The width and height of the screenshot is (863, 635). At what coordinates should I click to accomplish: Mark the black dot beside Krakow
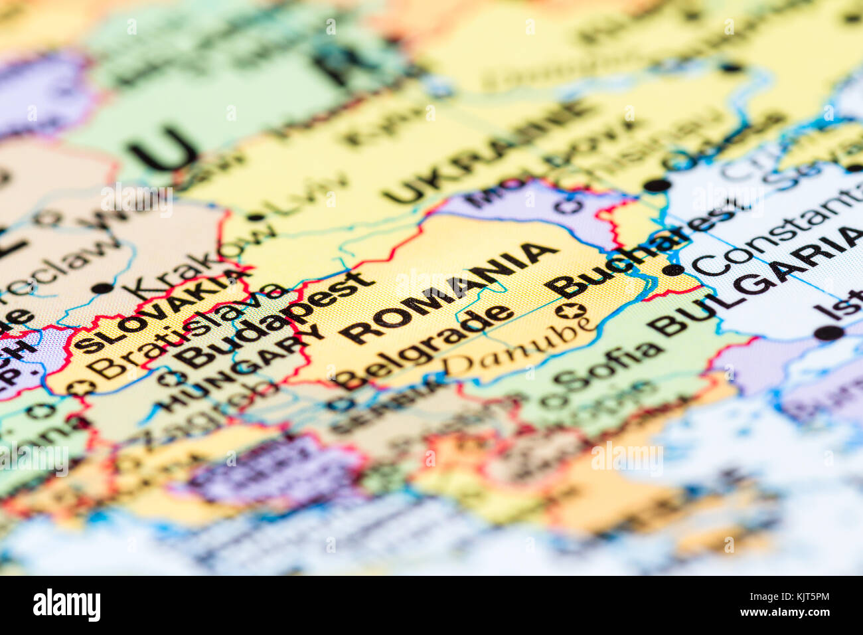point(102,288)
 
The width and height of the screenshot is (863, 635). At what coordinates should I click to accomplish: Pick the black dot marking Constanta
point(672,270)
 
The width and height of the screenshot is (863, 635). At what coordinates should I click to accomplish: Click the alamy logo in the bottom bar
point(66,605)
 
